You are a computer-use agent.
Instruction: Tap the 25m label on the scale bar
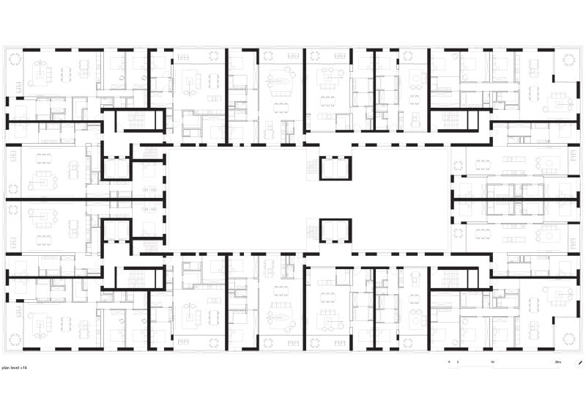[558, 363]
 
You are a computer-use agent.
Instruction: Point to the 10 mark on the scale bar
[493, 363]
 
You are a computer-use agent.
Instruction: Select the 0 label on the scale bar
[450, 363]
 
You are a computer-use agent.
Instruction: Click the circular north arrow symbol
[579, 362]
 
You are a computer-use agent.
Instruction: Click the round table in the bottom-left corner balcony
[17, 337]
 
